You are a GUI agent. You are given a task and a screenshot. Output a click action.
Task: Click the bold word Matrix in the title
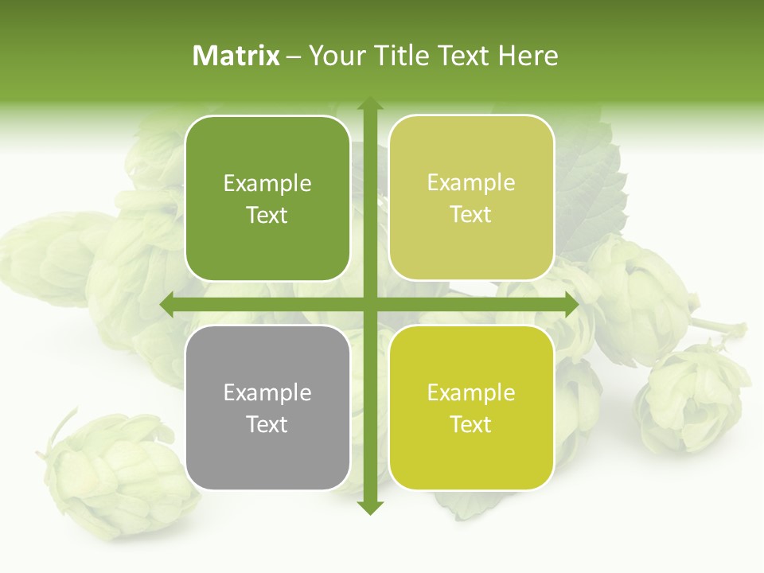pyautogui.click(x=236, y=56)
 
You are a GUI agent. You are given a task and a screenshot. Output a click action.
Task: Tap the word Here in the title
pyautogui.click(x=528, y=56)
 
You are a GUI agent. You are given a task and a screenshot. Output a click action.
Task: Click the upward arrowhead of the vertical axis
pyautogui.click(x=369, y=104)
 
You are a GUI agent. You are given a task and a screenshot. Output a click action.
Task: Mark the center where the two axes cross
pyautogui.click(x=369, y=305)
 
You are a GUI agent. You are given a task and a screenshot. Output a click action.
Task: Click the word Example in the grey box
pyautogui.click(x=267, y=392)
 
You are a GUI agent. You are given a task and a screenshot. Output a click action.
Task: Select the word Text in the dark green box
pyautogui.click(x=267, y=216)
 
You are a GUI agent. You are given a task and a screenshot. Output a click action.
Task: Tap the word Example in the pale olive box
pyautogui.click(x=471, y=183)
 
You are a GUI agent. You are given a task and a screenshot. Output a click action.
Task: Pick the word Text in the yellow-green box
pyautogui.click(x=471, y=425)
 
